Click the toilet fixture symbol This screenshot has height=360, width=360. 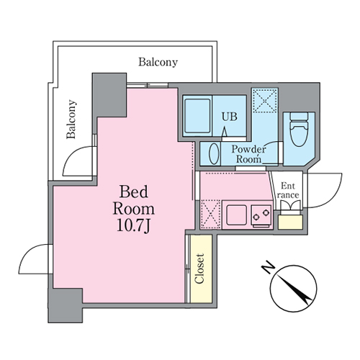click(299, 130)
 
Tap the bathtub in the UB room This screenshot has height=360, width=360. click(197, 116)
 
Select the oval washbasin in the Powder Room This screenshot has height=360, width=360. click(215, 154)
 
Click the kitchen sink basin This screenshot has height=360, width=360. click(236, 215)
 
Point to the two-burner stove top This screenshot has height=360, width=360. click(261, 216)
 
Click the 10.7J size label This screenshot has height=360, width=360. click(133, 225)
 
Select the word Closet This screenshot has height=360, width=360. click(199, 269)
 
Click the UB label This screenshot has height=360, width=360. click(229, 117)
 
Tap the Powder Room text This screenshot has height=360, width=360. click(248, 154)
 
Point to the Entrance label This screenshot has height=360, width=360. click(288, 190)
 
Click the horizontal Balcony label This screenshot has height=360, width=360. click(158, 62)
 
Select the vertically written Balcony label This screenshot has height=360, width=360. click(71, 120)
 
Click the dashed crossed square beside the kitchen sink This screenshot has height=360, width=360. click(210, 215)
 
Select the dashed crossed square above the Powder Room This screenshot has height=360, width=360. click(265, 100)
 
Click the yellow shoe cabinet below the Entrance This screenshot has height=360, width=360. click(290, 222)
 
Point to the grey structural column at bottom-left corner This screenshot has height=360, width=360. click(66, 305)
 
